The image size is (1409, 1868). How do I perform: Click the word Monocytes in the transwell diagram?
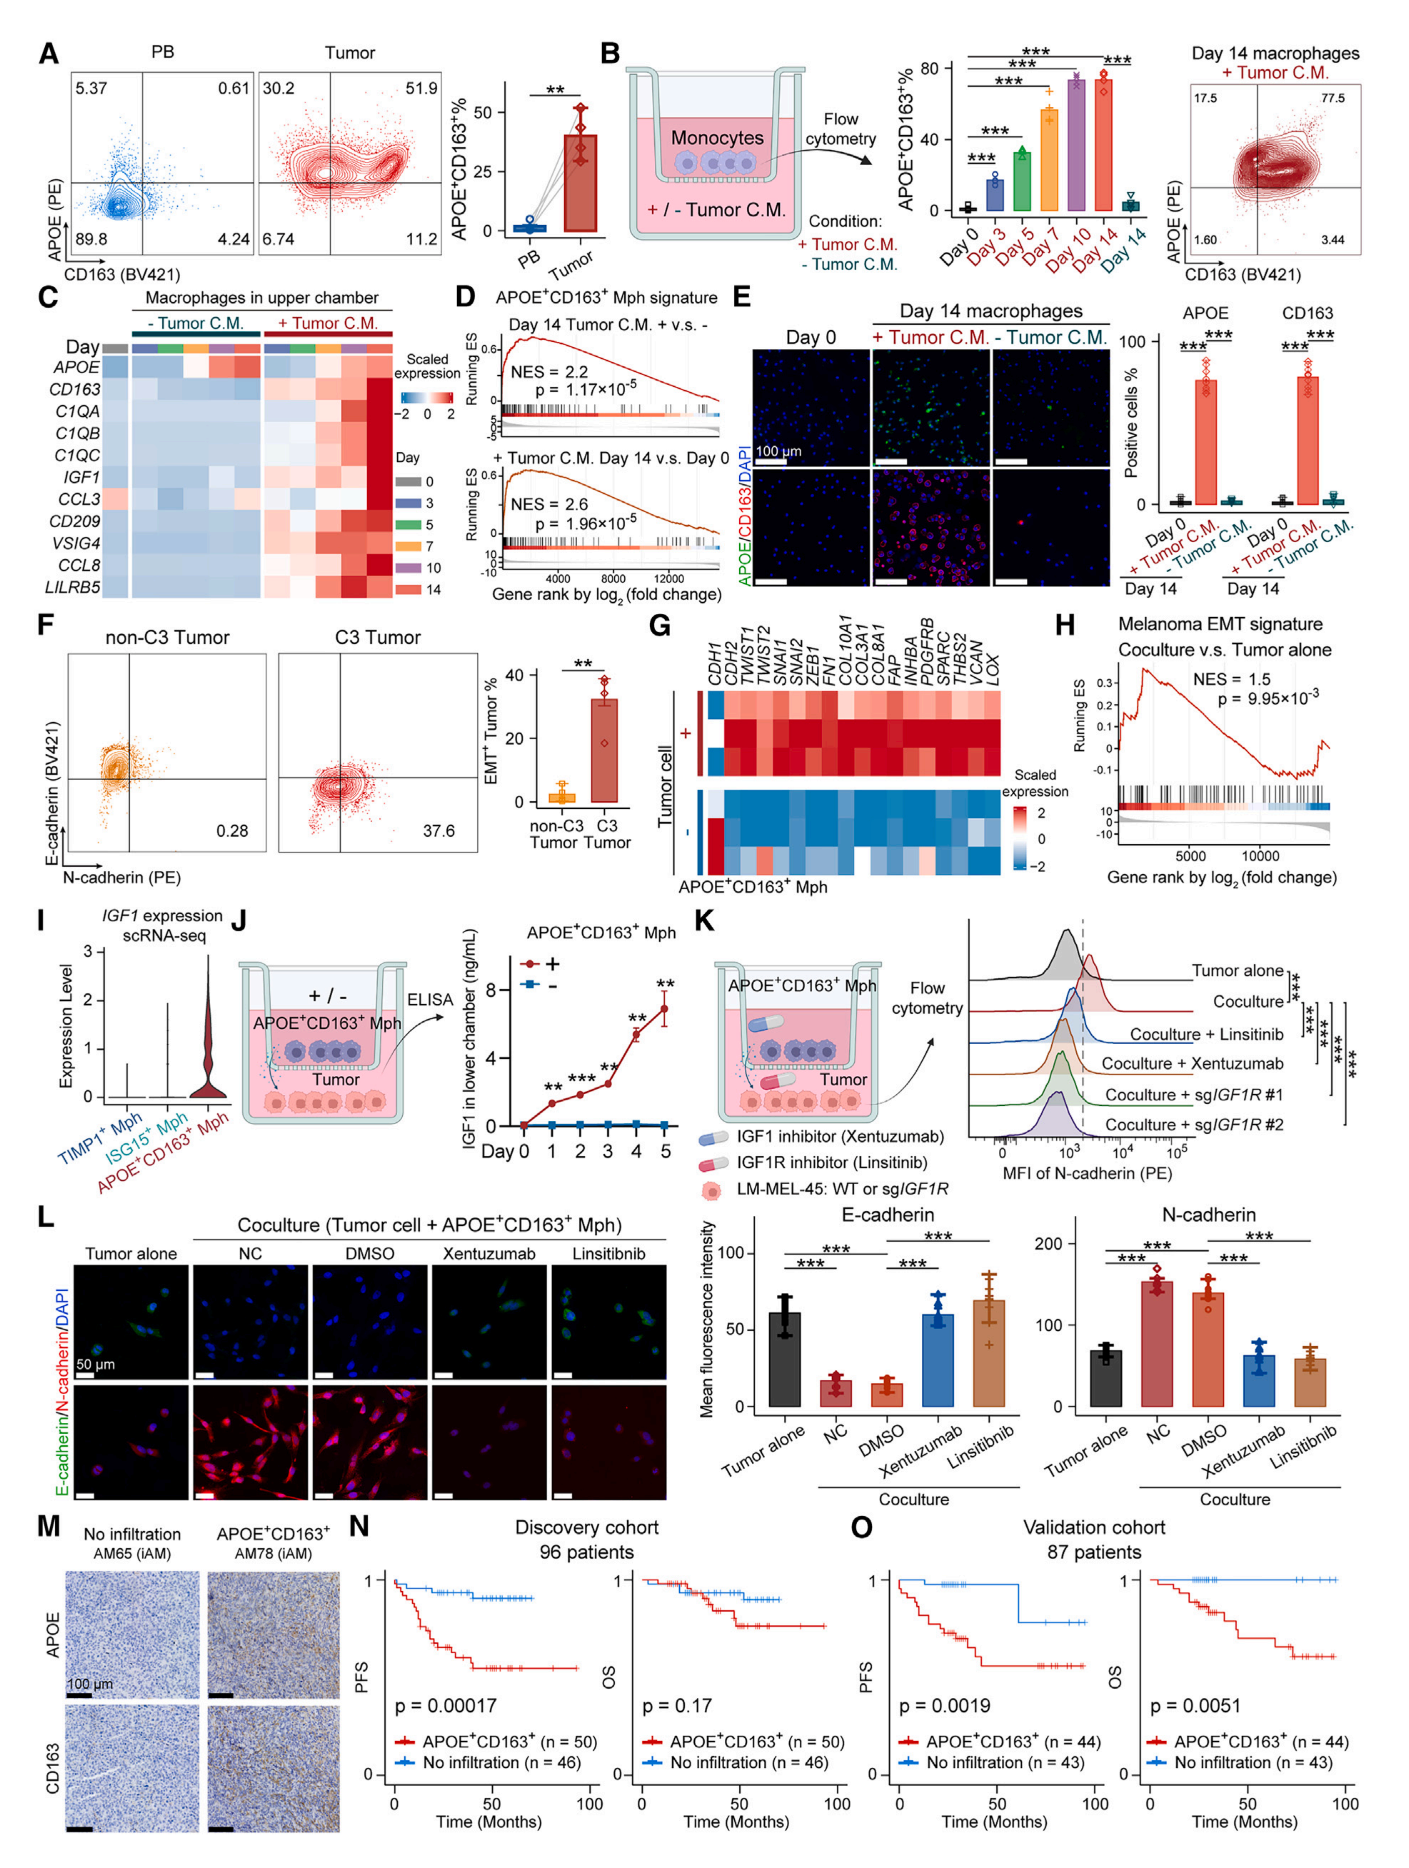[717, 138]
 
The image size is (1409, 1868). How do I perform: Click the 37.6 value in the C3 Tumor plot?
[438, 831]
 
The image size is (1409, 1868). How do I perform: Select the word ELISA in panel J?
[430, 999]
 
